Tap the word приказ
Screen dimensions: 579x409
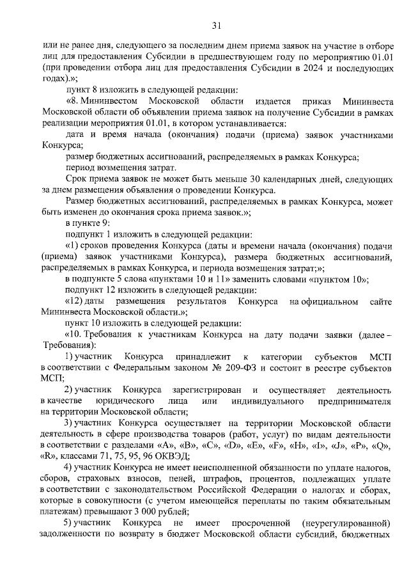click(313, 102)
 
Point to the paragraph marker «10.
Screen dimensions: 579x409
click(75, 333)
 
